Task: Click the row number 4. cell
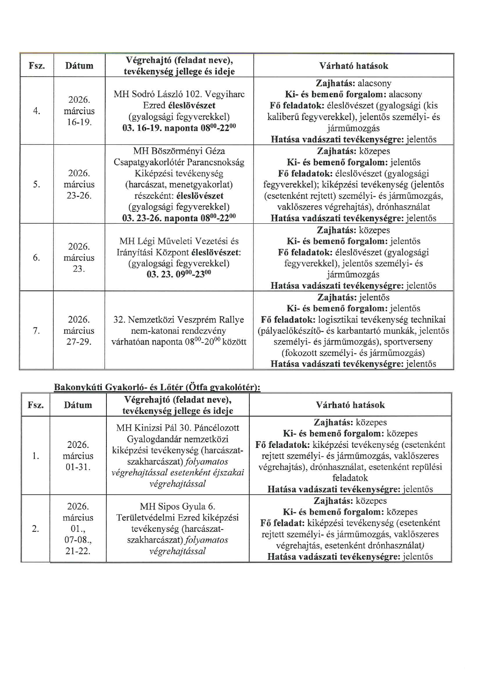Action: (36, 111)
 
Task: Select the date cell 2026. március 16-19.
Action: (79, 111)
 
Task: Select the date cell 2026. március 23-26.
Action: (79, 184)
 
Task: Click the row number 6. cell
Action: (36, 257)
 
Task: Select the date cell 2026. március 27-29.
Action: (79, 331)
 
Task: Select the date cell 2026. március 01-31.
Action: (78, 456)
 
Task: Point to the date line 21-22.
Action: (78, 551)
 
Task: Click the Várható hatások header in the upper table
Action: (353, 66)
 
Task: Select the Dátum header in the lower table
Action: (78, 405)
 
